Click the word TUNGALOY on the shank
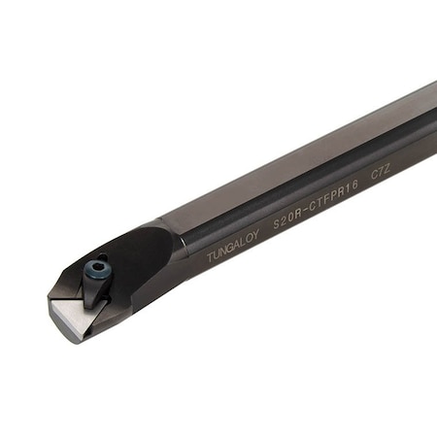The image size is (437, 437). point(233,248)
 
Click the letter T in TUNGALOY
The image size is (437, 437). point(210,258)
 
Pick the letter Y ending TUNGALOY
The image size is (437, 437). point(257,236)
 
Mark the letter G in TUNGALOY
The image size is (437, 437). point(231,249)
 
